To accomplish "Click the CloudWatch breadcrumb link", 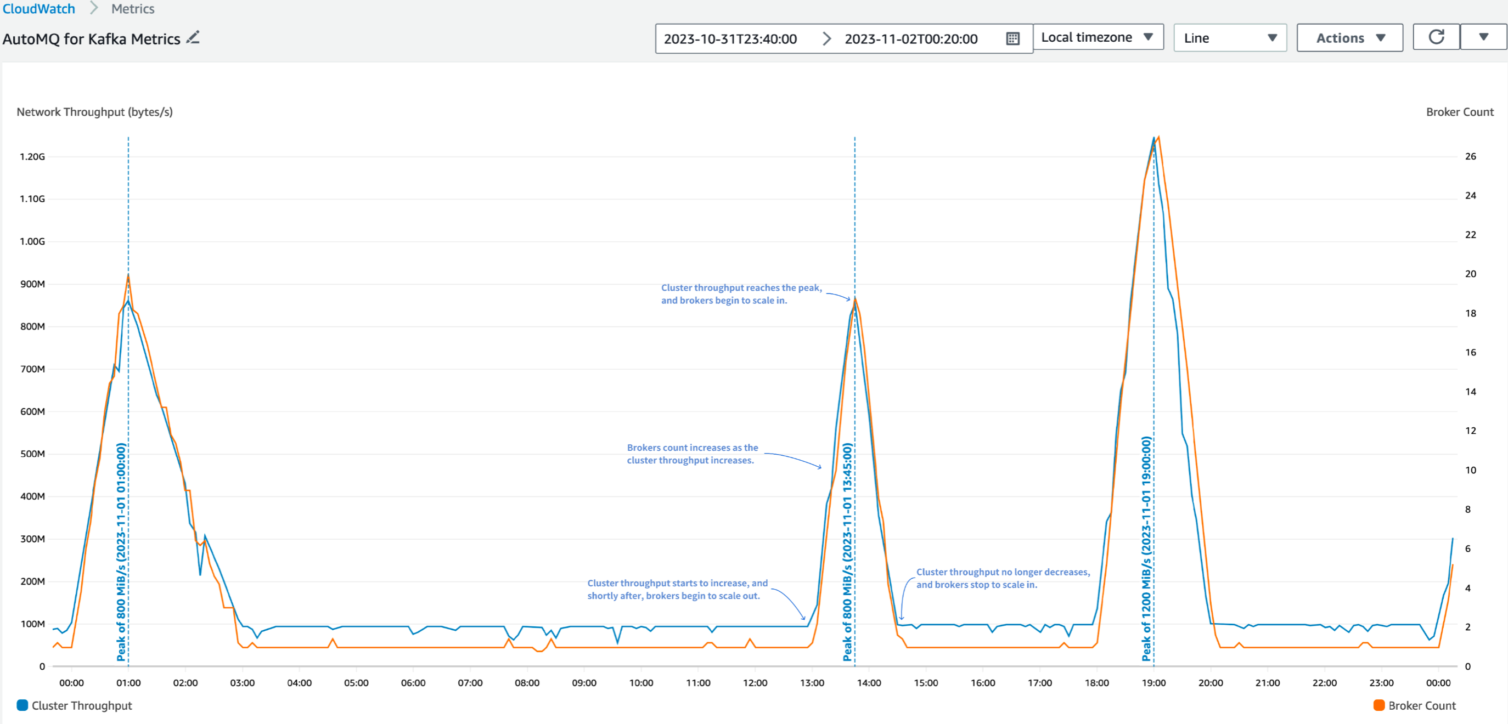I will click(x=38, y=9).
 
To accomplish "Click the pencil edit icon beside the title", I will click(x=193, y=38).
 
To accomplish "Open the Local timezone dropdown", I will click(x=1097, y=37).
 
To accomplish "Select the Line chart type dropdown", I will click(x=1229, y=38).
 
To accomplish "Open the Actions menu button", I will click(x=1349, y=38).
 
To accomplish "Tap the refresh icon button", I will click(x=1436, y=37).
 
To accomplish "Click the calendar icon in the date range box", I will click(x=1012, y=38).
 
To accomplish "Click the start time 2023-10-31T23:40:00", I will click(x=730, y=38).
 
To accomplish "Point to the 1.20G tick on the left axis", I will click(x=32, y=157).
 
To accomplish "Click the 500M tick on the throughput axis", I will click(x=32, y=454).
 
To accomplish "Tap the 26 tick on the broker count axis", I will click(x=1470, y=156).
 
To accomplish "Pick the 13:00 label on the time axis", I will click(x=812, y=683).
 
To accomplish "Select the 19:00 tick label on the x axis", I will click(x=1153, y=683).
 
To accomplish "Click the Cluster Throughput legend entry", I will click(x=75, y=706).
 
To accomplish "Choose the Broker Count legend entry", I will click(x=1414, y=706).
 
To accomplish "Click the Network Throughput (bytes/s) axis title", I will click(x=94, y=112).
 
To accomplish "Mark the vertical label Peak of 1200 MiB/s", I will click(x=1146, y=548).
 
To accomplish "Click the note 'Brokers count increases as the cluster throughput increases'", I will click(x=692, y=454).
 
